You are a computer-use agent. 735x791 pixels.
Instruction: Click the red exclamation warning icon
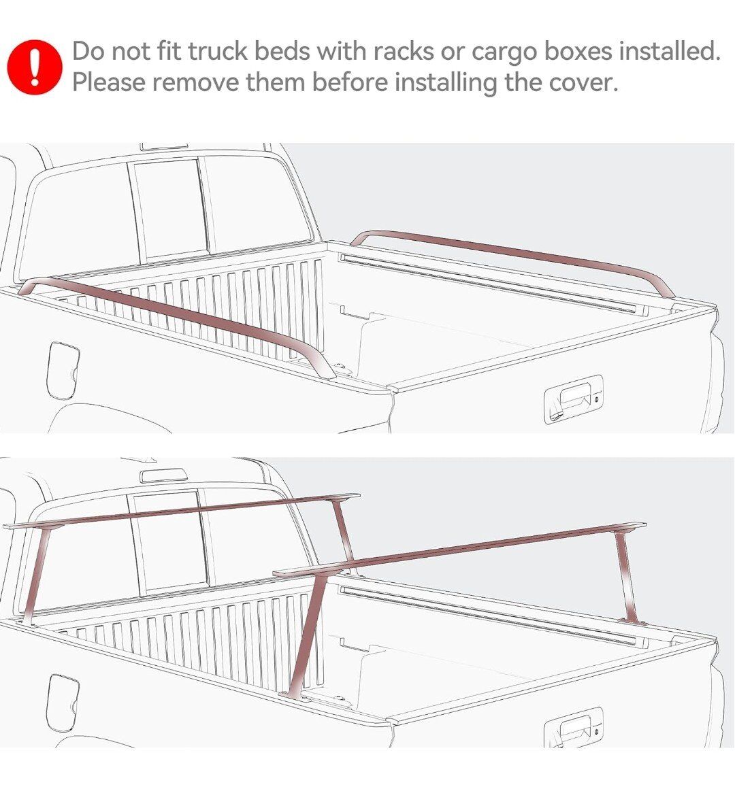tap(35, 67)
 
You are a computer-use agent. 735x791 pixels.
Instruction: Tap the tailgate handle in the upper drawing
tap(574, 399)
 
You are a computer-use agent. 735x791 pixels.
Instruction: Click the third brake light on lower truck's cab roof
tap(163, 475)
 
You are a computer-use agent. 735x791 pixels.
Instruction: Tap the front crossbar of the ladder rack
tap(182, 511)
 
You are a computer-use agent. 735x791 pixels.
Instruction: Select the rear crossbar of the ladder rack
tap(459, 548)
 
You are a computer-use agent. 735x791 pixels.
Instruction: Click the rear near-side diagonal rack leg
tap(309, 637)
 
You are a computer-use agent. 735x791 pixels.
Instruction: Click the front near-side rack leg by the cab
tap(36, 575)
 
